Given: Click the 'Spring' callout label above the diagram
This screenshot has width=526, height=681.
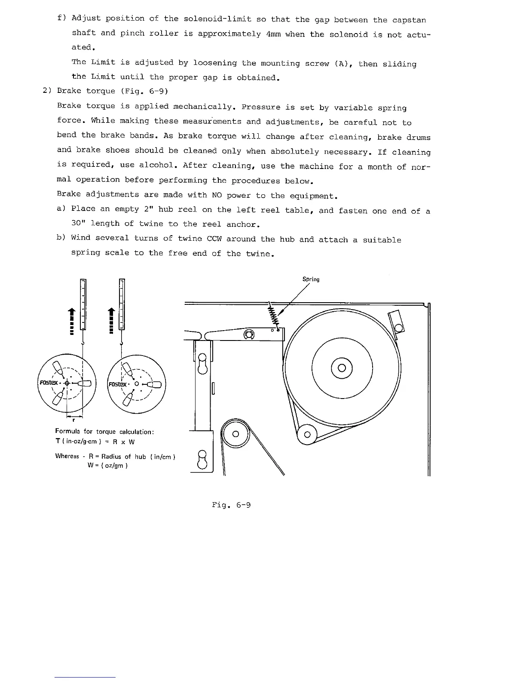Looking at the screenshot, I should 311,279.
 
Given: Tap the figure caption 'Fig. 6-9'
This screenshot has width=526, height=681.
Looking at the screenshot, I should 231,505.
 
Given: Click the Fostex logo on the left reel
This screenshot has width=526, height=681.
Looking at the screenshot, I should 49,383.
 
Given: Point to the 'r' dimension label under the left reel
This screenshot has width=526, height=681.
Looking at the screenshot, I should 74,421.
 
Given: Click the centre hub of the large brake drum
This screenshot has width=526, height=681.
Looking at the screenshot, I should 342,368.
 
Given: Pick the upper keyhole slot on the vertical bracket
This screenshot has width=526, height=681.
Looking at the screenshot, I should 203,362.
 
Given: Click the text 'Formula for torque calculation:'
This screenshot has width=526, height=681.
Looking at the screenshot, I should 104,432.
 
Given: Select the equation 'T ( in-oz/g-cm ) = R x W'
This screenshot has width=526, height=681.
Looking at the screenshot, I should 95,442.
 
